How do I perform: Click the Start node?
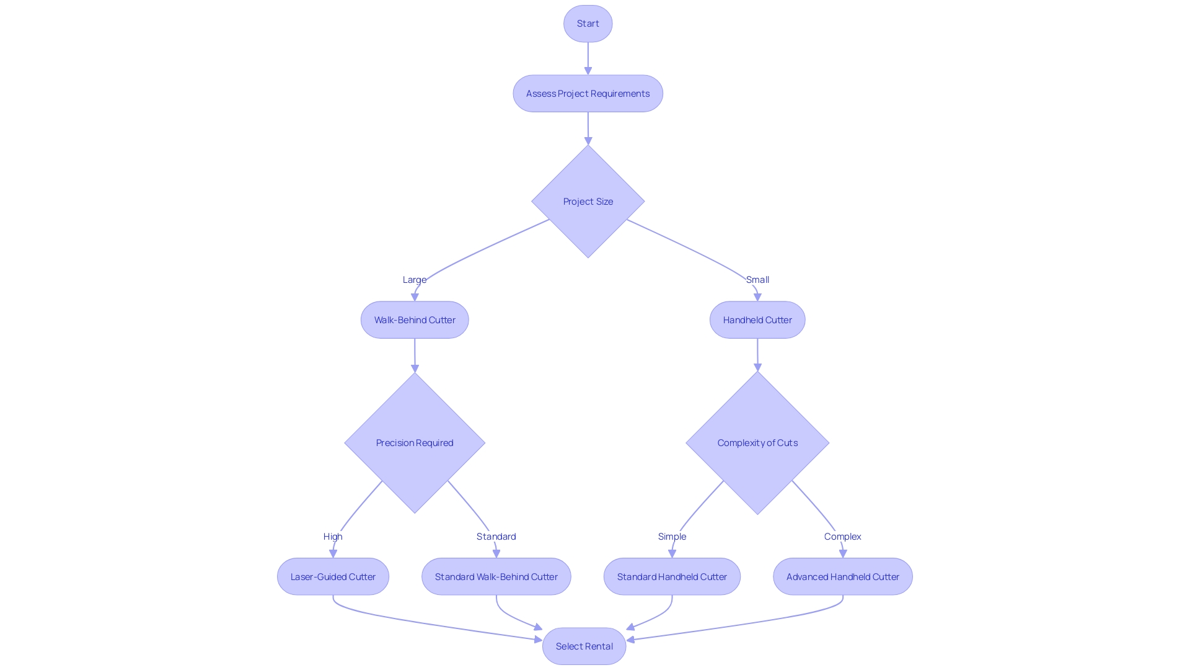point(588,24)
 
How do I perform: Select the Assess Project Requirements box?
point(588,94)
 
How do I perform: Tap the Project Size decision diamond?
point(588,202)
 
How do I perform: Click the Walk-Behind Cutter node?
point(415,320)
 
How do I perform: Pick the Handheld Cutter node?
point(757,320)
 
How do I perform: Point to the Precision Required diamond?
point(415,443)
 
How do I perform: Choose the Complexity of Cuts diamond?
point(757,443)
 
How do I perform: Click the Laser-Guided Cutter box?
point(333,577)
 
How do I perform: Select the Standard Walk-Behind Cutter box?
point(496,577)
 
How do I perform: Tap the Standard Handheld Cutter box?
point(672,577)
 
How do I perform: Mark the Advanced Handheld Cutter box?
point(842,577)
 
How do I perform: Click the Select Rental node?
point(584,646)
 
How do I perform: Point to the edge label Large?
point(414,280)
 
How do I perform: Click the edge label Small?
point(757,280)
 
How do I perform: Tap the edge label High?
point(333,537)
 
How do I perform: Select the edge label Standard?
point(496,537)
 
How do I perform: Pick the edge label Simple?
point(672,537)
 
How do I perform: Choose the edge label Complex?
point(842,537)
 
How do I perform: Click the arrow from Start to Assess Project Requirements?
point(588,58)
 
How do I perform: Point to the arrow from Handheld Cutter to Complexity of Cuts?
point(757,354)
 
